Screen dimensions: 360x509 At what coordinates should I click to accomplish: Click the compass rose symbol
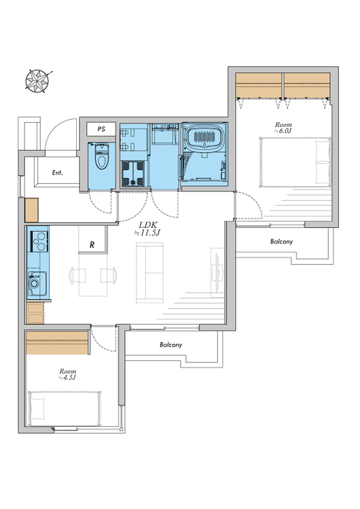point(37,81)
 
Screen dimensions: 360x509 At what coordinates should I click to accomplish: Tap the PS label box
point(101,129)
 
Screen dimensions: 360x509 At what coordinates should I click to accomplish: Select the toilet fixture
point(101,156)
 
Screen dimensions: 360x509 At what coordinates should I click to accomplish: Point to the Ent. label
point(58,172)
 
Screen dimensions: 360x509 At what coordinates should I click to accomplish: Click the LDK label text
point(148,225)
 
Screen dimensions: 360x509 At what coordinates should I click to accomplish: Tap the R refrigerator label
point(92,245)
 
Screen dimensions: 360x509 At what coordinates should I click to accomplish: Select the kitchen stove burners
point(40,240)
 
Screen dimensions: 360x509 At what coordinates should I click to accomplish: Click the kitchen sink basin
point(37,284)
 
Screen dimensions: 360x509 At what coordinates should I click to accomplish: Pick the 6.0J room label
point(283,128)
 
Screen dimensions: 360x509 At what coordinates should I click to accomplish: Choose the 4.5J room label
point(67,374)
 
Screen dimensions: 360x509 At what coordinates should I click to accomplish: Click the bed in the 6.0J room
point(295,162)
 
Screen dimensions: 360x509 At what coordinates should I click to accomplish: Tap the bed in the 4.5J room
point(65,409)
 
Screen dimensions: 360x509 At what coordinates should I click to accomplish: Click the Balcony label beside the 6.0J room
point(281,241)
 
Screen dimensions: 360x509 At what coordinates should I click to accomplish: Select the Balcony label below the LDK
point(171,344)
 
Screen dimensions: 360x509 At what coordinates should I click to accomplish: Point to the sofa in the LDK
point(149,273)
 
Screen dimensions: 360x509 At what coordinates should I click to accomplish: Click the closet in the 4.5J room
point(57,343)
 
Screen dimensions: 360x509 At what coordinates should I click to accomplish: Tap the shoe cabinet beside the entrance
point(31,210)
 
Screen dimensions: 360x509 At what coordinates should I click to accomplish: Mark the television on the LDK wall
point(217,273)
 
